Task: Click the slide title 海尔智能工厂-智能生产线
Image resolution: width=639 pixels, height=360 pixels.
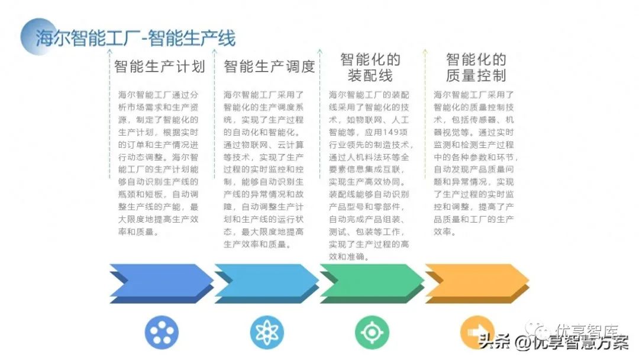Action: (x=135, y=38)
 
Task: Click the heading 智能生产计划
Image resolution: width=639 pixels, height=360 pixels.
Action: (x=159, y=66)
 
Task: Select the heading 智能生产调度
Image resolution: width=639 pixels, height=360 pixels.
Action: (x=269, y=66)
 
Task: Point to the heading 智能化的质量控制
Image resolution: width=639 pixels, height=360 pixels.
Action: (x=476, y=67)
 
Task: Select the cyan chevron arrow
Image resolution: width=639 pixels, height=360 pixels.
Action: (x=266, y=282)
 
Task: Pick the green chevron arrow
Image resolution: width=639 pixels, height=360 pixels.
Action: (x=372, y=282)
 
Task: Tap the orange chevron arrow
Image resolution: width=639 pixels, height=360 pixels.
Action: (x=477, y=282)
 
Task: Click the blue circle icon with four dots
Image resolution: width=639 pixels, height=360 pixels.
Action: (x=162, y=333)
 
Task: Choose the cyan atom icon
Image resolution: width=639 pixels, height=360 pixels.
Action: (x=267, y=333)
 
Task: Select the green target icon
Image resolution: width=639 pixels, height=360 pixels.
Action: (x=372, y=333)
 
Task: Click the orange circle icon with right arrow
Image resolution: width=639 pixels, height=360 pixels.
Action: (x=476, y=333)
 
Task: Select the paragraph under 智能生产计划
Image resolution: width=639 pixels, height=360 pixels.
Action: (x=158, y=163)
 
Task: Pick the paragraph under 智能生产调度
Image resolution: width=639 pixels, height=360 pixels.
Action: (x=264, y=169)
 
